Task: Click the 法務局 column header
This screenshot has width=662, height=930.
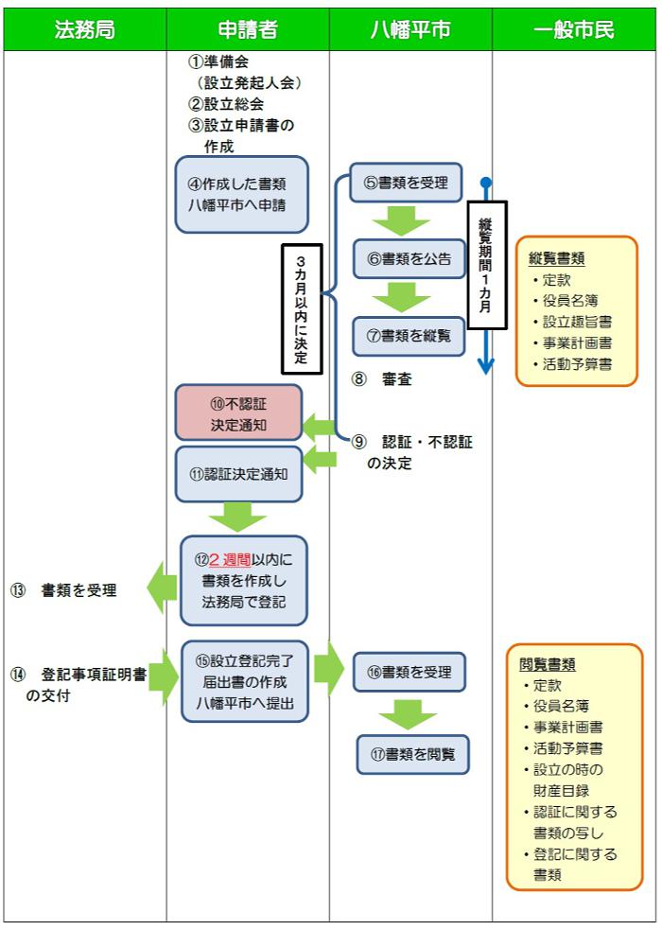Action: pyautogui.click(x=84, y=29)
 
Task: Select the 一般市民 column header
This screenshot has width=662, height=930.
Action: pyautogui.click(x=574, y=29)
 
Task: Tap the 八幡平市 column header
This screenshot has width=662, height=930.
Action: pyautogui.click(x=410, y=29)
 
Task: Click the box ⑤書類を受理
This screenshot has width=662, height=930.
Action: pyautogui.click(x=406, y=183)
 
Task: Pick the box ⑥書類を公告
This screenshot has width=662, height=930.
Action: pyautogui.click(x=409, y=258)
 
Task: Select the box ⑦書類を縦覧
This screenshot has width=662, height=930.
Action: pyautogui.click(x=409, y=335)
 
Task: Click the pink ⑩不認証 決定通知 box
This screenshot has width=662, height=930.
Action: pyautogui.click(x=238, y=413)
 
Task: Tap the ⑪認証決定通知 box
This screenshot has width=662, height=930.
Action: pyautogui.click(x=238, y=474)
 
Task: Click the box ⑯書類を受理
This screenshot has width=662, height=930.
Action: pyautogui.click(x=409, y=672)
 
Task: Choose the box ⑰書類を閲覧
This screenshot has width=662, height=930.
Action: pyautogui.click(x=413, y=754)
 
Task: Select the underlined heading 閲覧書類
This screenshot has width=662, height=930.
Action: pyautogui.click(x=548, y=664)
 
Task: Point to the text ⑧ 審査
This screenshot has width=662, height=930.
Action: pyautogui.click(x=385, y=379)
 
